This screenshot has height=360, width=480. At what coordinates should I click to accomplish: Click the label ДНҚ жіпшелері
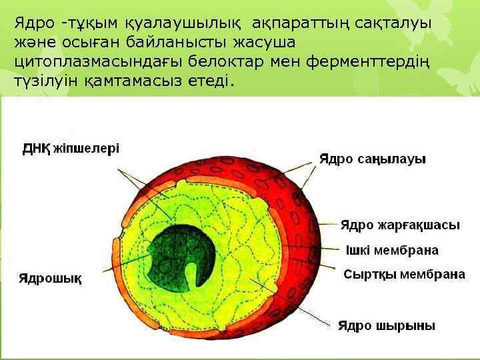[71, 148]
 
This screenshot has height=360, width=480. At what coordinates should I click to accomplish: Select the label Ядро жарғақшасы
[400, 225]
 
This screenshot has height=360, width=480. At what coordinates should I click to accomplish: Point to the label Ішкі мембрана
[392, 251]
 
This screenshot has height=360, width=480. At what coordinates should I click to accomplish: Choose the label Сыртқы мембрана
[404, 274]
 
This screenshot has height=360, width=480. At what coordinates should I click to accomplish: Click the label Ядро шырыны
[386, 326]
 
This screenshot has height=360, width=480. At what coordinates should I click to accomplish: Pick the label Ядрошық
[50, 278]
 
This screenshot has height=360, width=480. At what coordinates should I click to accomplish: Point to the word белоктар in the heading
[229, 62]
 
